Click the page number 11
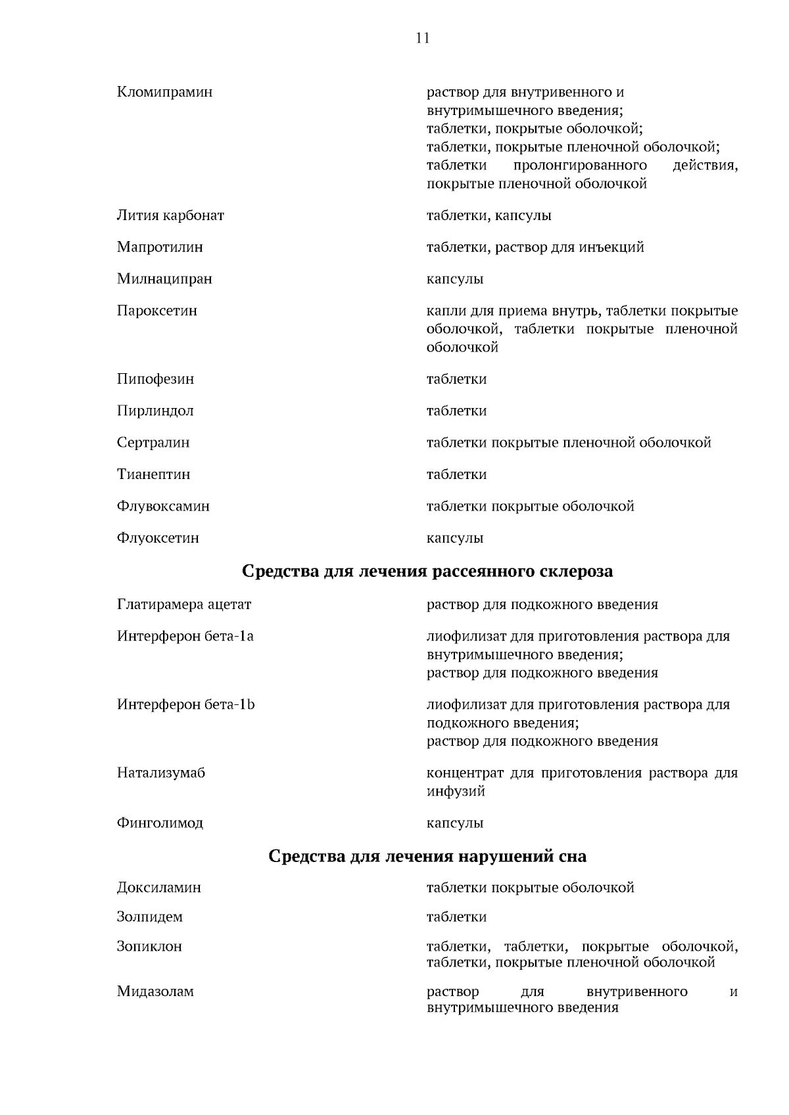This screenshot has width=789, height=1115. click(x=423, y=38)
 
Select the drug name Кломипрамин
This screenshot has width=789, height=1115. click(x=164, y=92)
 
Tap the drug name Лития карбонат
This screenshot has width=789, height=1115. click(x=170, y=216)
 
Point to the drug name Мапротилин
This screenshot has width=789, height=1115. click(x=160, y=247)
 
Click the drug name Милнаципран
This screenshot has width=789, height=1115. click(x=164, y=279)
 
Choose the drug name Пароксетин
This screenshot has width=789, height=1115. click(x=157, y=310)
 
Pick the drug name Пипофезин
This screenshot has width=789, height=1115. click(x=155, y=379)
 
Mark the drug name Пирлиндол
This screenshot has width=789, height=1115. click(x=155, y=411)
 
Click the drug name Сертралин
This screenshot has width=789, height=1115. click(x=153, y=442)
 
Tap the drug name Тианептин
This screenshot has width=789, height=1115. click(x=154, y=474)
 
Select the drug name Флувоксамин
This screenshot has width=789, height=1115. click(x=163, y=506)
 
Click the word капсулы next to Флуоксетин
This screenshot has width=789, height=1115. click(x=455, y=538)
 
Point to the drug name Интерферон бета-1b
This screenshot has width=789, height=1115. click(x=186, y=705)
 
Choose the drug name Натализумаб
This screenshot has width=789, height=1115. click(x=161, y=773)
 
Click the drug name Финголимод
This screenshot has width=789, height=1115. click(x=160, y=823)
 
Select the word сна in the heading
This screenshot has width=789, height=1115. click(x=572, y=857)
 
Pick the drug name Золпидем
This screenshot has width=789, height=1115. click(x=150, y=917)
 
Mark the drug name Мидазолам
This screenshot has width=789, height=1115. click(x=155, y=991)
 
